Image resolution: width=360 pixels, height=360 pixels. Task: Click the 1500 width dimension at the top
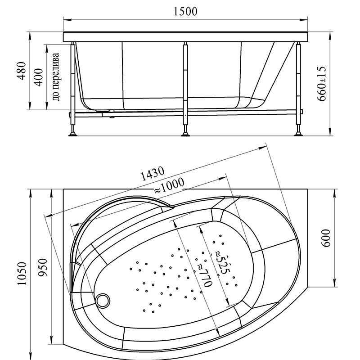pos(185,12)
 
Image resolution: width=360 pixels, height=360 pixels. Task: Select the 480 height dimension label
pos(22,71)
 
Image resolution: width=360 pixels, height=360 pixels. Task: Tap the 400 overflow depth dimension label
pos(39,77)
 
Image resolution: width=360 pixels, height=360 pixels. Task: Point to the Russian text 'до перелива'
pos(56,77)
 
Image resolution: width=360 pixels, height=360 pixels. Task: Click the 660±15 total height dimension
pos(321,84)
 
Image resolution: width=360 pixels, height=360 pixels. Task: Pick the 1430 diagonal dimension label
pos(152,174)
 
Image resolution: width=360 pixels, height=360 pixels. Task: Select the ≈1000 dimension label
pos(169,185)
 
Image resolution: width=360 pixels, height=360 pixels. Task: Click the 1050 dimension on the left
pos(22,274)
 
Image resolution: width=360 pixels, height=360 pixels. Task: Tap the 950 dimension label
pos(43,268)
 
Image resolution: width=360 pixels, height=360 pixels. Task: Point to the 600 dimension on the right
pos(326,238)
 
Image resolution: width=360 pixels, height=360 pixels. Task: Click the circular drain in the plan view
pos(103,301)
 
